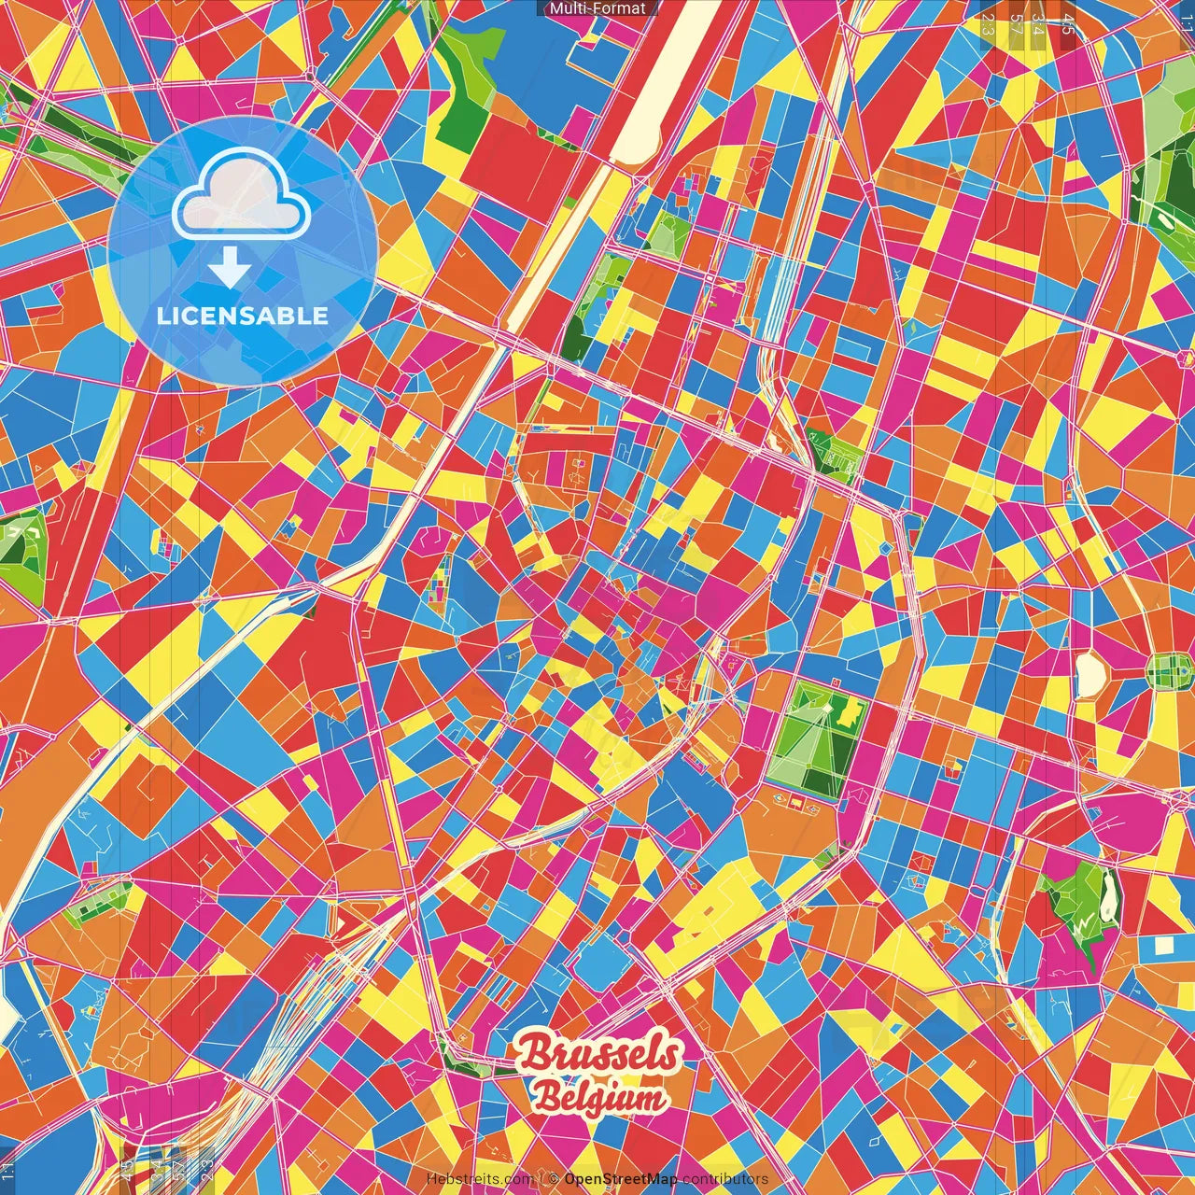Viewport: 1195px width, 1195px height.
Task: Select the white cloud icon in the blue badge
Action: coord(241,195)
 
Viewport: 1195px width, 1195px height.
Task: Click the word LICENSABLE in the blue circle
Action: coord(243,316)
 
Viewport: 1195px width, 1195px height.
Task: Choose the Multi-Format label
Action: coord(597,8)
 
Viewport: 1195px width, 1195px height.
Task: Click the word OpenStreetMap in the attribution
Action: coord(621,1179)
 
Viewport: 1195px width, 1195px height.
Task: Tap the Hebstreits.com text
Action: coord(480,1179)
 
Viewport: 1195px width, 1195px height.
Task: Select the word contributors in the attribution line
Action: coord(725,1179)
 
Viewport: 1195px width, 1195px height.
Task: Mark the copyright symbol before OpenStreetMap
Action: coord(554,1179)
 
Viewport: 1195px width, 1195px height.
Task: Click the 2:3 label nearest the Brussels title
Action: coord(205,1166)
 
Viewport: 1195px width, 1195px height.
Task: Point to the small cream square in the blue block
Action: coord(1162,945)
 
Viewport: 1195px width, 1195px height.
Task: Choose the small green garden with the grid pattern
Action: coord(1168,668)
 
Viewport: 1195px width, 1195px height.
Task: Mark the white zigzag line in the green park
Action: coord(1083,925)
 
